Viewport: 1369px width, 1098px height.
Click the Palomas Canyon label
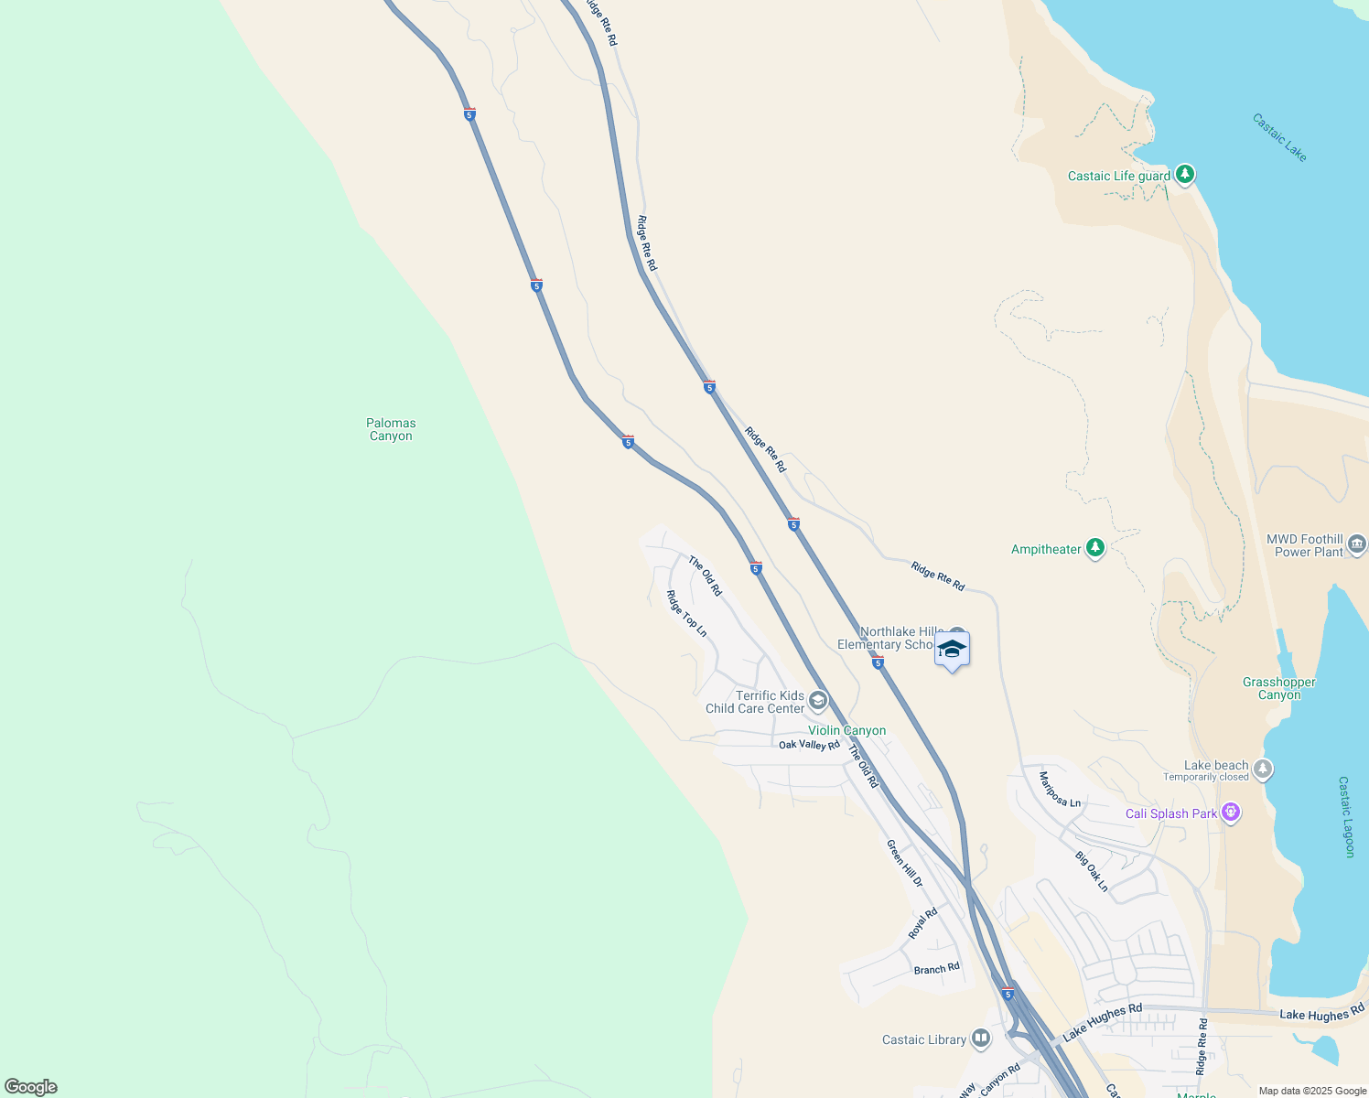(x=391, y=429)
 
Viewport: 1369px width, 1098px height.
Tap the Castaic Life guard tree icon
(x=1185, y=174)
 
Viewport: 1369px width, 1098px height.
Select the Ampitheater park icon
(x=1095, y=548)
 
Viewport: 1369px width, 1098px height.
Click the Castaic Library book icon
(x=981, y=1038)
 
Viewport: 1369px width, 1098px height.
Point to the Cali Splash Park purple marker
(x=1231, y=812)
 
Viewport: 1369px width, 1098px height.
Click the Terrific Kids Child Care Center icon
(x=818, y=701)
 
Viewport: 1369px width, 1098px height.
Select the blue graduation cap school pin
(x=952, y=650)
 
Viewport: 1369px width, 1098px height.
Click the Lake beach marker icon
(x=1263, y=769)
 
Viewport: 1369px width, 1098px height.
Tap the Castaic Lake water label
(x=1279, y=137)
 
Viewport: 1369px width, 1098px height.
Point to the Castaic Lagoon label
(x=1346, y=817)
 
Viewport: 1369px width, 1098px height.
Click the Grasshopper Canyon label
(x=1278, y=688)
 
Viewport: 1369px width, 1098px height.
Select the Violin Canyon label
(x=846, y=730)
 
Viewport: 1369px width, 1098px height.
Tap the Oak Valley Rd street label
(x=809, y=745)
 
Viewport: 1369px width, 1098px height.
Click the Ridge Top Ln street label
(x=686, y=613)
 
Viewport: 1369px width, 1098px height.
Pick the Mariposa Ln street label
(x=1060, y=790)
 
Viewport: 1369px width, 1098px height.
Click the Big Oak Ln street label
(x=1092, y=871)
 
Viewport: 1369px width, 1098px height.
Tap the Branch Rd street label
(x=936, y=968)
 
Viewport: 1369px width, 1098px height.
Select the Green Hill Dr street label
(x=904, y=863)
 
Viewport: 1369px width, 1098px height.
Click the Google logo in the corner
(x=31, y=1087)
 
